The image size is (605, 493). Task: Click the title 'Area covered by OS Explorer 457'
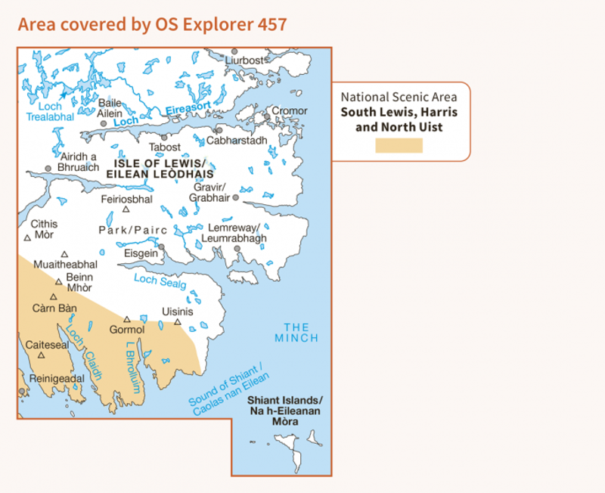(x=152, y=24)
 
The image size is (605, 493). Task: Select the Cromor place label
(x=290, y=110)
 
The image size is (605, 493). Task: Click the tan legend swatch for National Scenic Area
(x=399, y=145)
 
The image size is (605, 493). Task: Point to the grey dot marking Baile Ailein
(x=104, y=123)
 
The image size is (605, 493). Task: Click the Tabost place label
(x=165, y=147)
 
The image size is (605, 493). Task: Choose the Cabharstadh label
(x=237, y=141)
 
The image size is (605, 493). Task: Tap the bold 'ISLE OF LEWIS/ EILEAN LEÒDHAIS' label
(x=160, y=169)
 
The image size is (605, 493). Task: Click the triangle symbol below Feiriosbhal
(x=126, y=209)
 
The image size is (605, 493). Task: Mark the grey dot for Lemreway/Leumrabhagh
(x=237, y=248)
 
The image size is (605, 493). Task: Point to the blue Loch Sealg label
(x=160, y=281)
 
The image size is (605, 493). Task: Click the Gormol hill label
(x=126, y=330)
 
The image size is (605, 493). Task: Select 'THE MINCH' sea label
(x=296, y=332)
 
